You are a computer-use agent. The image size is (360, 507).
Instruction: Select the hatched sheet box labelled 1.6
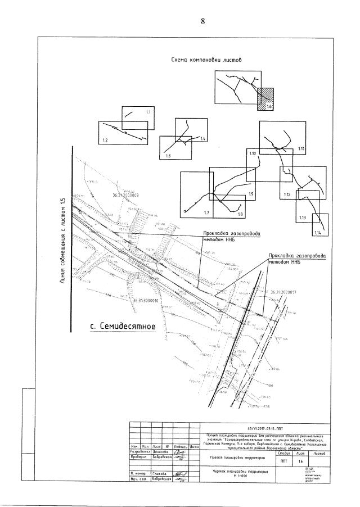[x=265, y=98]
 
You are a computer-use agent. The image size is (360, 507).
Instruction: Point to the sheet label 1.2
[x=105, y=139]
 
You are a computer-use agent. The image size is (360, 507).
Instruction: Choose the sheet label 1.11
[x=301, y=148]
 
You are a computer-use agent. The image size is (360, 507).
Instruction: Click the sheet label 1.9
[x=251, y=194]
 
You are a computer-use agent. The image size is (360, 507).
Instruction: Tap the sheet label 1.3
[x=168, y=156]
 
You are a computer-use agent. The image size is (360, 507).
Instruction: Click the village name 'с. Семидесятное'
[x=123, y=327]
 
